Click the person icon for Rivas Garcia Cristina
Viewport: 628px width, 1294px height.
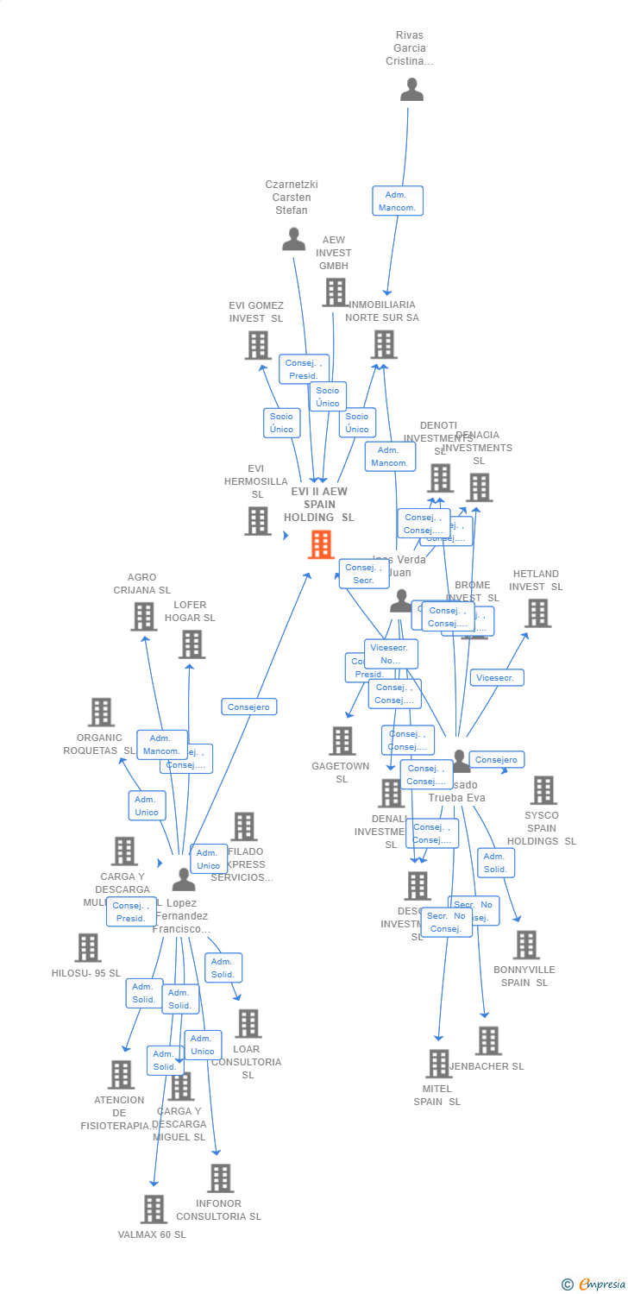(x=411, y=90)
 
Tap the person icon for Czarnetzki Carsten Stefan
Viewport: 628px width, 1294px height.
(x=293, y=239)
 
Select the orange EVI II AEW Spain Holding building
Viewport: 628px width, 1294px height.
(x=321, y=544)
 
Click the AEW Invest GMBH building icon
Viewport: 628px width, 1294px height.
(x=335, y=292)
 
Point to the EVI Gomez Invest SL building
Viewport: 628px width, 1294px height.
(x=257, y=345)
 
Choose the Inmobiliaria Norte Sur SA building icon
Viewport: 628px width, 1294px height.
(x=383, y=344)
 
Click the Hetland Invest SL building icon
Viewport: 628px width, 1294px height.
(x=537, y=612)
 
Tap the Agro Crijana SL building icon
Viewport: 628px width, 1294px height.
(x=143, y=616)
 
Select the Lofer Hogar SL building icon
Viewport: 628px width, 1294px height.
(x=192, y=644)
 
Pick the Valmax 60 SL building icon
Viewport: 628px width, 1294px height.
(x=154, y=1209)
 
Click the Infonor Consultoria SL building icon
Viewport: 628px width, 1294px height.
(x=220, y=1178)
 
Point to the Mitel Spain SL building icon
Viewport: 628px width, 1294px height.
(x=438, y=1064)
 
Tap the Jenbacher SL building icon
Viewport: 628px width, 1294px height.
(x=488, y=1040)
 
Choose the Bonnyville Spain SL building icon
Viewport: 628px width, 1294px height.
(x=525, y=945)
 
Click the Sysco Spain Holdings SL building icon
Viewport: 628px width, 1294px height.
(x=543, y=789)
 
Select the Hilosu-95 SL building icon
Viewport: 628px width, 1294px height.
(x=87, y=947)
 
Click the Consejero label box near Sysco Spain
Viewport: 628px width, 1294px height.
(x=496, y=760)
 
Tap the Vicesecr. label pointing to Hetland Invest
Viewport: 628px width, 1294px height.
(x=496, y=678)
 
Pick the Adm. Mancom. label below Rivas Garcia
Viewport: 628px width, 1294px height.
(x=398, y=201)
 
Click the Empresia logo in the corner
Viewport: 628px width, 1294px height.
(x=594, y=1285)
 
